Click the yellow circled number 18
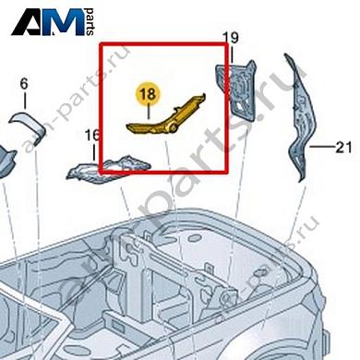[x=147, y=94]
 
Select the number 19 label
[x=231, y=38]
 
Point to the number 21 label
[x=343, y=146]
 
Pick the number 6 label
[x=25, y=84]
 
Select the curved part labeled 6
[x=25, y=124]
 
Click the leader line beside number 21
[x=322, y=146]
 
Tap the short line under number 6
[x=25, y=102]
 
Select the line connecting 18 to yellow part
[x=147, y=111]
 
